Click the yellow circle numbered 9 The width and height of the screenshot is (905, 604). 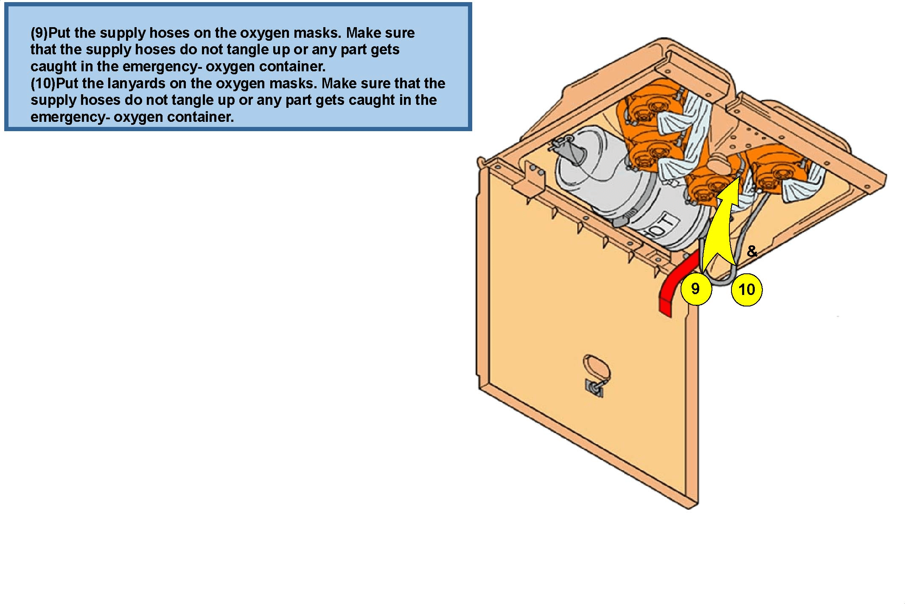coord(696,289)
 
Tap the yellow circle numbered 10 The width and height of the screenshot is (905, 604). coord(747,290)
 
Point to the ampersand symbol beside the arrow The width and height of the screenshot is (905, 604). coord(752,251)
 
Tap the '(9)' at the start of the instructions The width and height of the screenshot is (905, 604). coord(39,33)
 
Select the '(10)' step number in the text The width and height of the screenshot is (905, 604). coord(43,83)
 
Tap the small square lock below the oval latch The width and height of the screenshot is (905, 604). coord(594,388)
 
